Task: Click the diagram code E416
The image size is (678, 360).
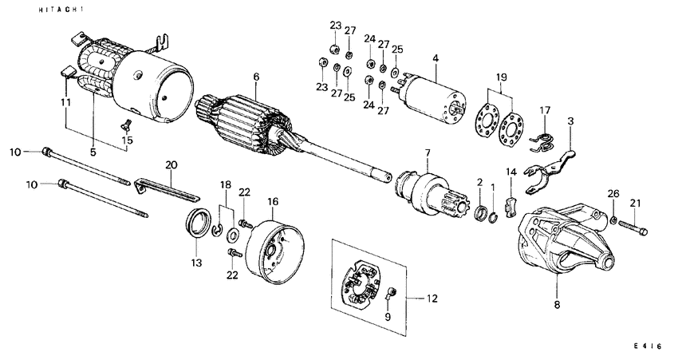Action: [x=647, y=346]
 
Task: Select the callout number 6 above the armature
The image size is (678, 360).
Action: [x=256, y=77]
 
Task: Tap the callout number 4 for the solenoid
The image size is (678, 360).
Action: [x=436, y=57]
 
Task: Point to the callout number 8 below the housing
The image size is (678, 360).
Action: [x=558, y=304]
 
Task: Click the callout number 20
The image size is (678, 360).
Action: [x=170, y=164]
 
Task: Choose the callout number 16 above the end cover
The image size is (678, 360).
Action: [x=273, y=203]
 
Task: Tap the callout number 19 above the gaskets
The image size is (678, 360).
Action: [x=500, y=78]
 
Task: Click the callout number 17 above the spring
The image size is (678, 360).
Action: [x=545, y=110]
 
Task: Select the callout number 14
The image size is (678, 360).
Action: [x=512, y=171]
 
